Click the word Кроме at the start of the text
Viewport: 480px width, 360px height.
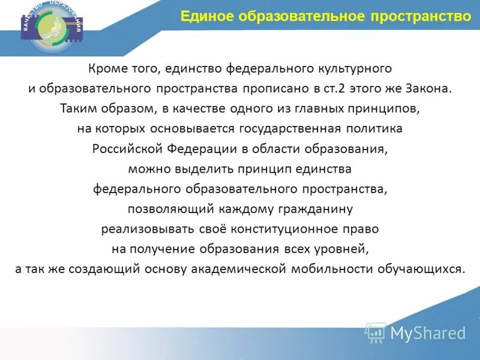[x=105, y=69]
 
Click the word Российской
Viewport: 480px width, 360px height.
[x=125, y=149]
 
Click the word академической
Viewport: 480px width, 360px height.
[x=238, y=268]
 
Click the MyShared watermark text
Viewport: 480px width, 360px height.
[x=428, y=334]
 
